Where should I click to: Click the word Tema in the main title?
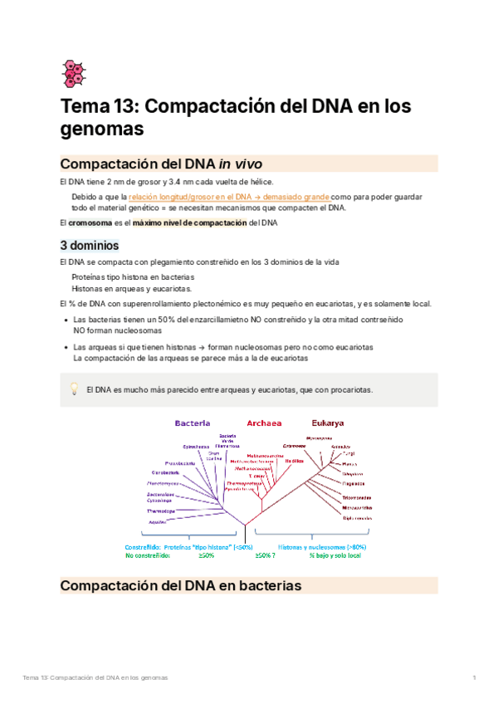click(x=83, y=107)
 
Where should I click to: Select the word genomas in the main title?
click(x=103, y=130)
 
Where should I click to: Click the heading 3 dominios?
click(x=90, y=246)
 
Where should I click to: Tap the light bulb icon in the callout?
click(x=73, y=389)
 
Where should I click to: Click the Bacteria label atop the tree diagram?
click(x=192, y=423)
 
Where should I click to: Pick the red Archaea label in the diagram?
click(x=264, y=423)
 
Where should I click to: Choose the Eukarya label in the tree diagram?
click(x=328, y=423)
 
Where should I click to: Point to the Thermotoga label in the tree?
click(x=160, y=511)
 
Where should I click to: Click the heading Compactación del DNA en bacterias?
click(x=181, y=586)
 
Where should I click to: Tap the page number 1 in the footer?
click(x=474, y=678)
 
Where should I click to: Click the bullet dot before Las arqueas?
click(x=66, y=347)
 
